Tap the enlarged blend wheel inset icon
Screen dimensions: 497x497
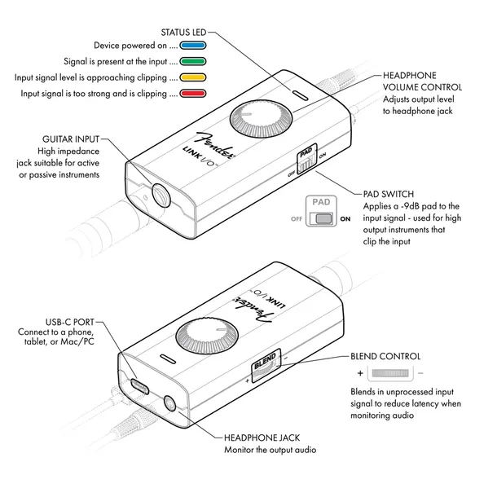tap(390, 373)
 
